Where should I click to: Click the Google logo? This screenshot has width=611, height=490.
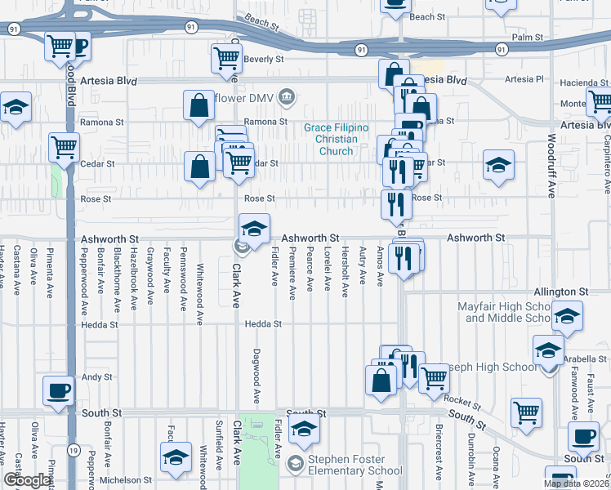tap(27, 480)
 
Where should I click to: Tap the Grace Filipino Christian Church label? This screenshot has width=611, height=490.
tap(337, 139)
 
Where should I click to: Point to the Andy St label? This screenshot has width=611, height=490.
tap(96, 377)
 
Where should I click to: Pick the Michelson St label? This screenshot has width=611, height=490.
tap(124, 480)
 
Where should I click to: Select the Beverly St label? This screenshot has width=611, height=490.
tap(264, 60)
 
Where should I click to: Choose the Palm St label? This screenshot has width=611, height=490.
tap(527, 38)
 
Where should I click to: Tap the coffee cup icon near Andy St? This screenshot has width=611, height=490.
tap(58, 390)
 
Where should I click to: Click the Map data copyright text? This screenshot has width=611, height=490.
tap(576, 483)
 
